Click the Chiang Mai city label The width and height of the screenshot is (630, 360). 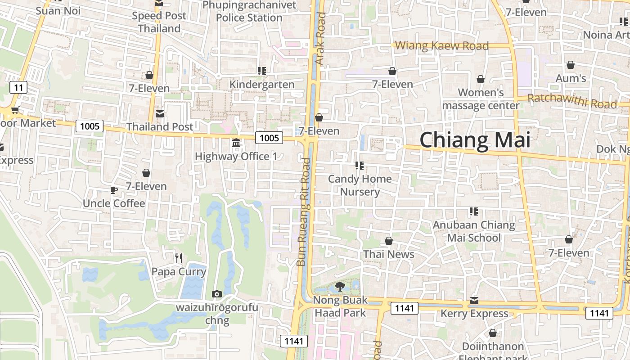475,140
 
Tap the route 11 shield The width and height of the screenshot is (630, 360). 18,87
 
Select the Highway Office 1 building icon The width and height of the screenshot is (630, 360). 236,143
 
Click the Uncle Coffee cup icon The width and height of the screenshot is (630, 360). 114,190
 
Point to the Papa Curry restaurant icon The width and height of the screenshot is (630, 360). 179,258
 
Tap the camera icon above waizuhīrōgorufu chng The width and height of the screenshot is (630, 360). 216,294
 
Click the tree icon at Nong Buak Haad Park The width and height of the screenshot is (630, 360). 340,286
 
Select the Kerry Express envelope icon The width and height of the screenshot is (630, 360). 474,300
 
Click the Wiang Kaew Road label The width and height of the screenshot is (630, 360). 441,45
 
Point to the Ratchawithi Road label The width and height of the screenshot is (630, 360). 572,101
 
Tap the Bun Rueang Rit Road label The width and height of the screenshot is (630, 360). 304,211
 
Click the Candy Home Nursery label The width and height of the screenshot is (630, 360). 360,185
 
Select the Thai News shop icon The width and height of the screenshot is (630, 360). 389,241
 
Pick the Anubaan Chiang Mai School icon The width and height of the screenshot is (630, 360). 473,211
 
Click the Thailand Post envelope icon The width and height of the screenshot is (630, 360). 159,113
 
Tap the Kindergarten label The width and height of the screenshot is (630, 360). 262,84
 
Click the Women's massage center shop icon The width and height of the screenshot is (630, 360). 481,79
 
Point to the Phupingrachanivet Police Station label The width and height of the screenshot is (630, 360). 249,11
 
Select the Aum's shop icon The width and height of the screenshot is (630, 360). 571,65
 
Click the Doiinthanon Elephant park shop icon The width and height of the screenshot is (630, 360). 493,333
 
